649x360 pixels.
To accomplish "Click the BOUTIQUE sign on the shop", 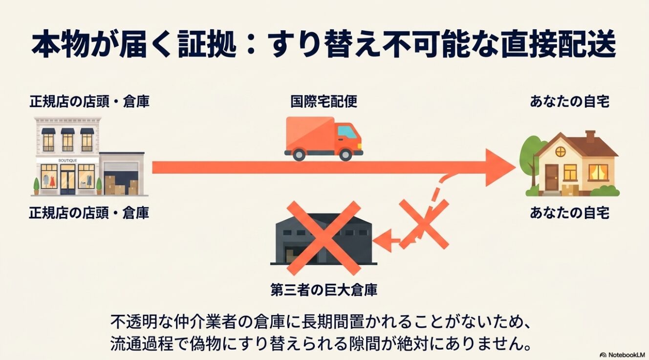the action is (68, 160).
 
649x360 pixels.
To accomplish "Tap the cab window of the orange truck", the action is (347, 132).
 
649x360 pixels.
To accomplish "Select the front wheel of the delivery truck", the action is (346, 154).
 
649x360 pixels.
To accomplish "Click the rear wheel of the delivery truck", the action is (299, 154).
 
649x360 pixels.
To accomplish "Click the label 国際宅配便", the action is (324, 102).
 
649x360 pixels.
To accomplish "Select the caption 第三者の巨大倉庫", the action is (324, 290).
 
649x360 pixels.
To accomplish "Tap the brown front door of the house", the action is (551, 177).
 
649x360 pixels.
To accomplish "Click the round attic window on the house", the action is (561, 151).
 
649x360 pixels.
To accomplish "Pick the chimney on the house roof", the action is (590, 136).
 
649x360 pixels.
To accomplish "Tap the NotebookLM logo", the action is (623, 355).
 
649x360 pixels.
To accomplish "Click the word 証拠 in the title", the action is (207, 45).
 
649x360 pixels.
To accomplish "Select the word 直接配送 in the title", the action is (558, 45).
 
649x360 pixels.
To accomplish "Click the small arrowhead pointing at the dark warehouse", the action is (383, 240).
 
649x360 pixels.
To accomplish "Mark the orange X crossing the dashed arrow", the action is (424, 224).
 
